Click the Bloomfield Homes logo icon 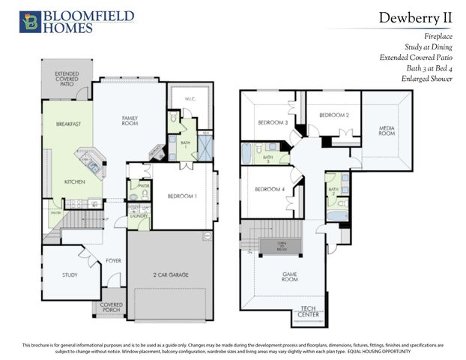[x=31, y=22]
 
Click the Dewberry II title [x=415, y=16]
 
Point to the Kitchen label [x=74, y=181]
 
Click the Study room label [x=70, y=275]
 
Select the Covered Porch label [x=112, y=307]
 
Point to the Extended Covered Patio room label [x=66, y=79]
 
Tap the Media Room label [x=387, y=130]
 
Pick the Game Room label [x=291, y=277]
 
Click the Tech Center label [x=309, y=310]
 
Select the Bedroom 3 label [x=273, y=122]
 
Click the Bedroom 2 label [x=333, y=115]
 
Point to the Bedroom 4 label [x=270, y=189]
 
